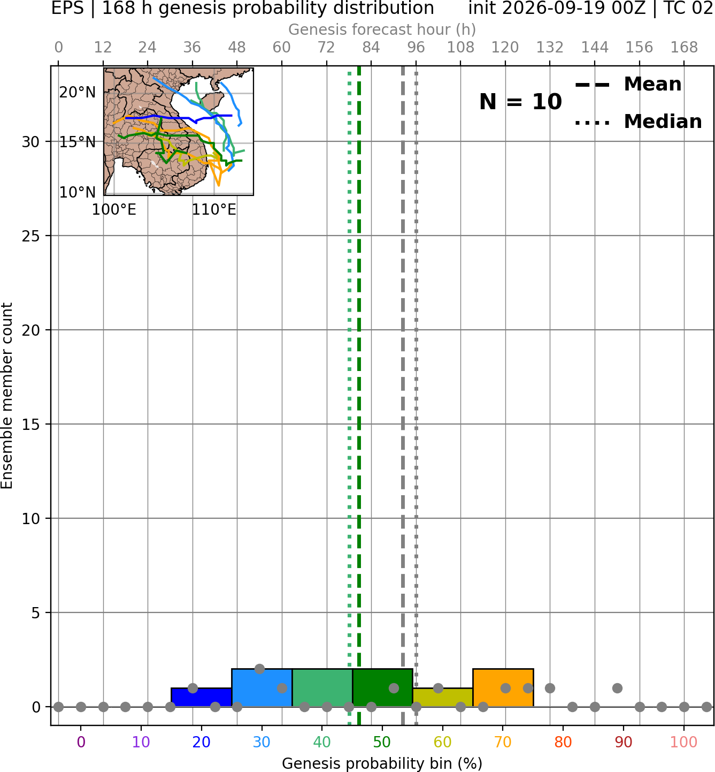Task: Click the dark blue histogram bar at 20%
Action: pyautogui.click(x=202, y=698)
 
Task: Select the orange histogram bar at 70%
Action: pyautogui.click(x=503, y=688)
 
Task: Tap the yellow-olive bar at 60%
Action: pyautogui.click(x=443, y=698)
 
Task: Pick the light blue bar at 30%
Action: pyautogui.click(x=262, y=688)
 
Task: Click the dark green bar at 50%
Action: pyautogui.click(x=382, y=688)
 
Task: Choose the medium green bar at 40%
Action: pyautogui.click(x=322, y=688)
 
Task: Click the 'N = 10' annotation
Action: pyautogui.click(x=520, y=102)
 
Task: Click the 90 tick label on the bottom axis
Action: pyautogui.click(x=624, y=742)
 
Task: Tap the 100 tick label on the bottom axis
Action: pyautogui.click(x=684, y=742)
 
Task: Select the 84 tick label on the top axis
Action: pyautogui.click(x=371, y=48)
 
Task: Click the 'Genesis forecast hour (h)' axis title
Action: pyautogui.click(x=382, y=29)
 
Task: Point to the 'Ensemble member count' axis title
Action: pyautogui.click(x=6, y=396)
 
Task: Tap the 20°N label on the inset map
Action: pyautogui.click(x=78, y=93)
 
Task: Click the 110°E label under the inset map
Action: pyautogui.click(x=214, y=210)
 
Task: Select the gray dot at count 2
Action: pyautogui.click(x=259, y=669)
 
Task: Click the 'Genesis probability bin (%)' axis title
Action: pyautogui.click(x=382, y=763)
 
